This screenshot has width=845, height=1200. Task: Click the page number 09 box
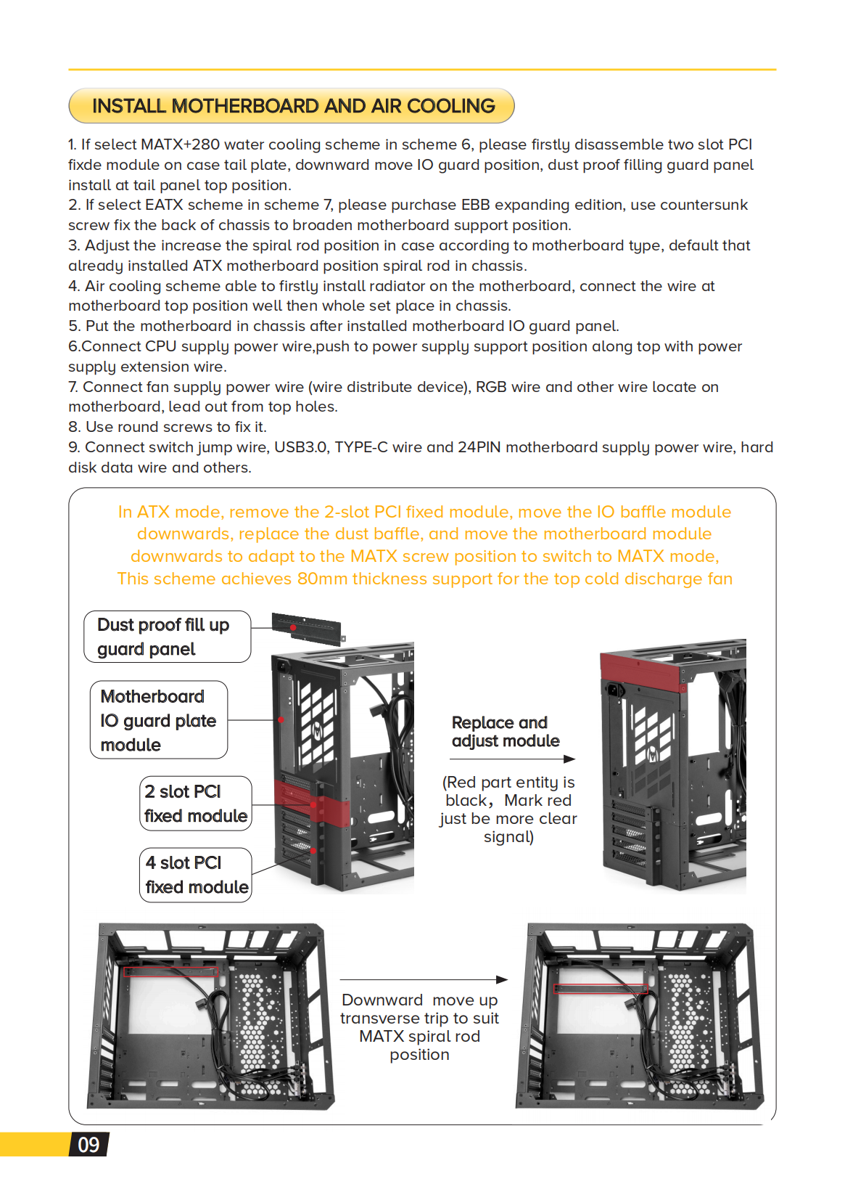(x=88, y=1145)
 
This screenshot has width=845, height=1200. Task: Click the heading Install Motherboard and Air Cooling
(x=292, y=106)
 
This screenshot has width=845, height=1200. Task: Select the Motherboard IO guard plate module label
(x=158, y=720)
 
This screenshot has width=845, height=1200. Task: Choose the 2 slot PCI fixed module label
(x=195, y=804)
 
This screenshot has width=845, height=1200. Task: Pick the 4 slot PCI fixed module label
(x=195, y=875)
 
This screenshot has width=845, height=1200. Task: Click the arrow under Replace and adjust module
(x=511, y=759)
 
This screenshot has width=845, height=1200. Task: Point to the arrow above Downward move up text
(x=423, y=980)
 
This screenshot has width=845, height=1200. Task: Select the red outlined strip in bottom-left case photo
(x=170, y=971)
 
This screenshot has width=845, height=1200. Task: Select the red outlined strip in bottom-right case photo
(x=601, y=989)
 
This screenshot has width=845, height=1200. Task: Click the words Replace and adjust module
(x=505, y=732)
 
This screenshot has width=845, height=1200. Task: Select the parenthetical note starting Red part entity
(x=508, y=809)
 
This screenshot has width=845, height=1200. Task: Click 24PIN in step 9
(x=479, y=447)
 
